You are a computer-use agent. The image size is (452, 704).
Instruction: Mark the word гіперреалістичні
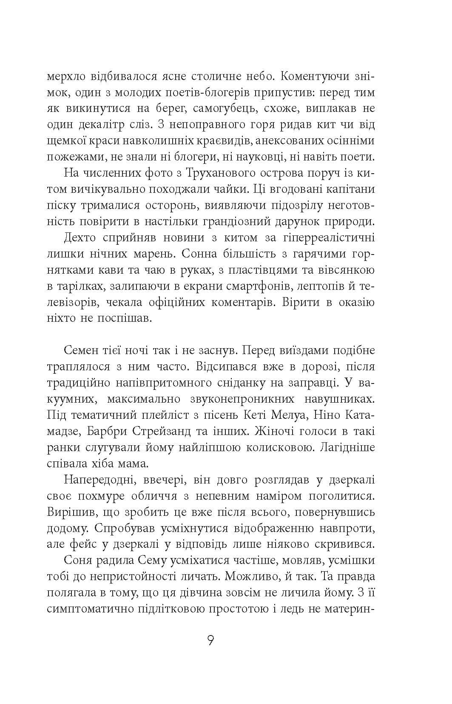tap(325, 238)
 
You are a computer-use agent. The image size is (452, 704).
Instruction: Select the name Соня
tap(77, 561)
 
